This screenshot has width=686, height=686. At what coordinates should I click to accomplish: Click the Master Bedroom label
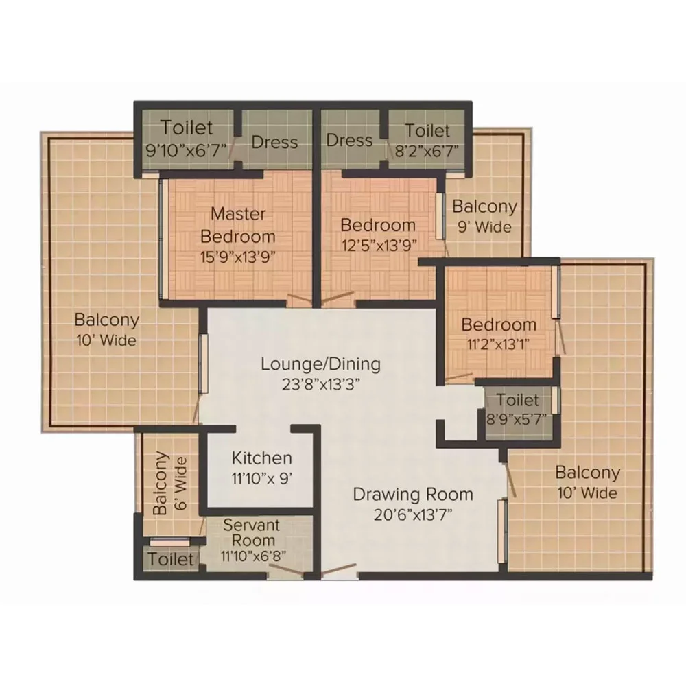point(238,225)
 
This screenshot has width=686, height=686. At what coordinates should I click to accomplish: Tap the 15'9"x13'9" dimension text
point(238,257)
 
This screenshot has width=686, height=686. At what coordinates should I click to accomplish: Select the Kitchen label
point(261,458)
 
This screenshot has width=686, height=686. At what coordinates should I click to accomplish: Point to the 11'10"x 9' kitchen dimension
point(261,479)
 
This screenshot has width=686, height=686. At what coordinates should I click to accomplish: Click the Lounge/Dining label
point(320,364)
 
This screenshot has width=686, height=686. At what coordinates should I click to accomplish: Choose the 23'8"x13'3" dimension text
point(320,385)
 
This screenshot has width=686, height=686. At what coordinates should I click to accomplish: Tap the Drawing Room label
point(413,495)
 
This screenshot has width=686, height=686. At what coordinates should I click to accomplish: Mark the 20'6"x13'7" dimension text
point(413,515)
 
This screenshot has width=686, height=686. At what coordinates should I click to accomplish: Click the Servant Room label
point(252,532)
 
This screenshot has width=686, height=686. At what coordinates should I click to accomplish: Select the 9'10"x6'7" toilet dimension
point(187,150)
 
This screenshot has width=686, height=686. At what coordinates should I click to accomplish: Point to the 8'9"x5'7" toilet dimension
point(517,420)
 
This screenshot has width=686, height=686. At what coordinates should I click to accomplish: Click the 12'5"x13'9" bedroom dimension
point(379,246)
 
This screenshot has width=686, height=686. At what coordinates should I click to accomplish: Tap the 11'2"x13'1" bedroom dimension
point(498,344)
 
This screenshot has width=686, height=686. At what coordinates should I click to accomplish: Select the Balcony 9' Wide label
point(485,216)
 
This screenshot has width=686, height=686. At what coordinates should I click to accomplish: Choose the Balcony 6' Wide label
point(170,483)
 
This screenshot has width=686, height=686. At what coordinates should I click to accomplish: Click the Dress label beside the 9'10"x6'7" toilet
point(275,142)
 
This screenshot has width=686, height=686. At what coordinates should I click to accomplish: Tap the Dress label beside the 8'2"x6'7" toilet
point(350,141)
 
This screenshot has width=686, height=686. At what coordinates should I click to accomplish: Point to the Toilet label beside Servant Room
point(171,559)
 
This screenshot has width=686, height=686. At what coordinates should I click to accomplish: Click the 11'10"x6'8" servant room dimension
point(253,556)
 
